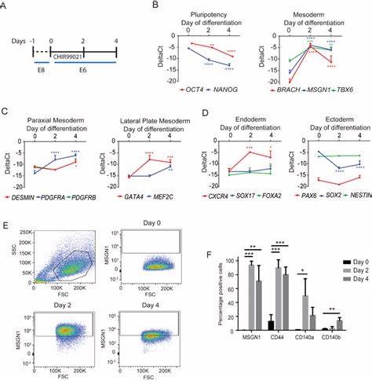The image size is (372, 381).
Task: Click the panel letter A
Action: pos(6,6)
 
